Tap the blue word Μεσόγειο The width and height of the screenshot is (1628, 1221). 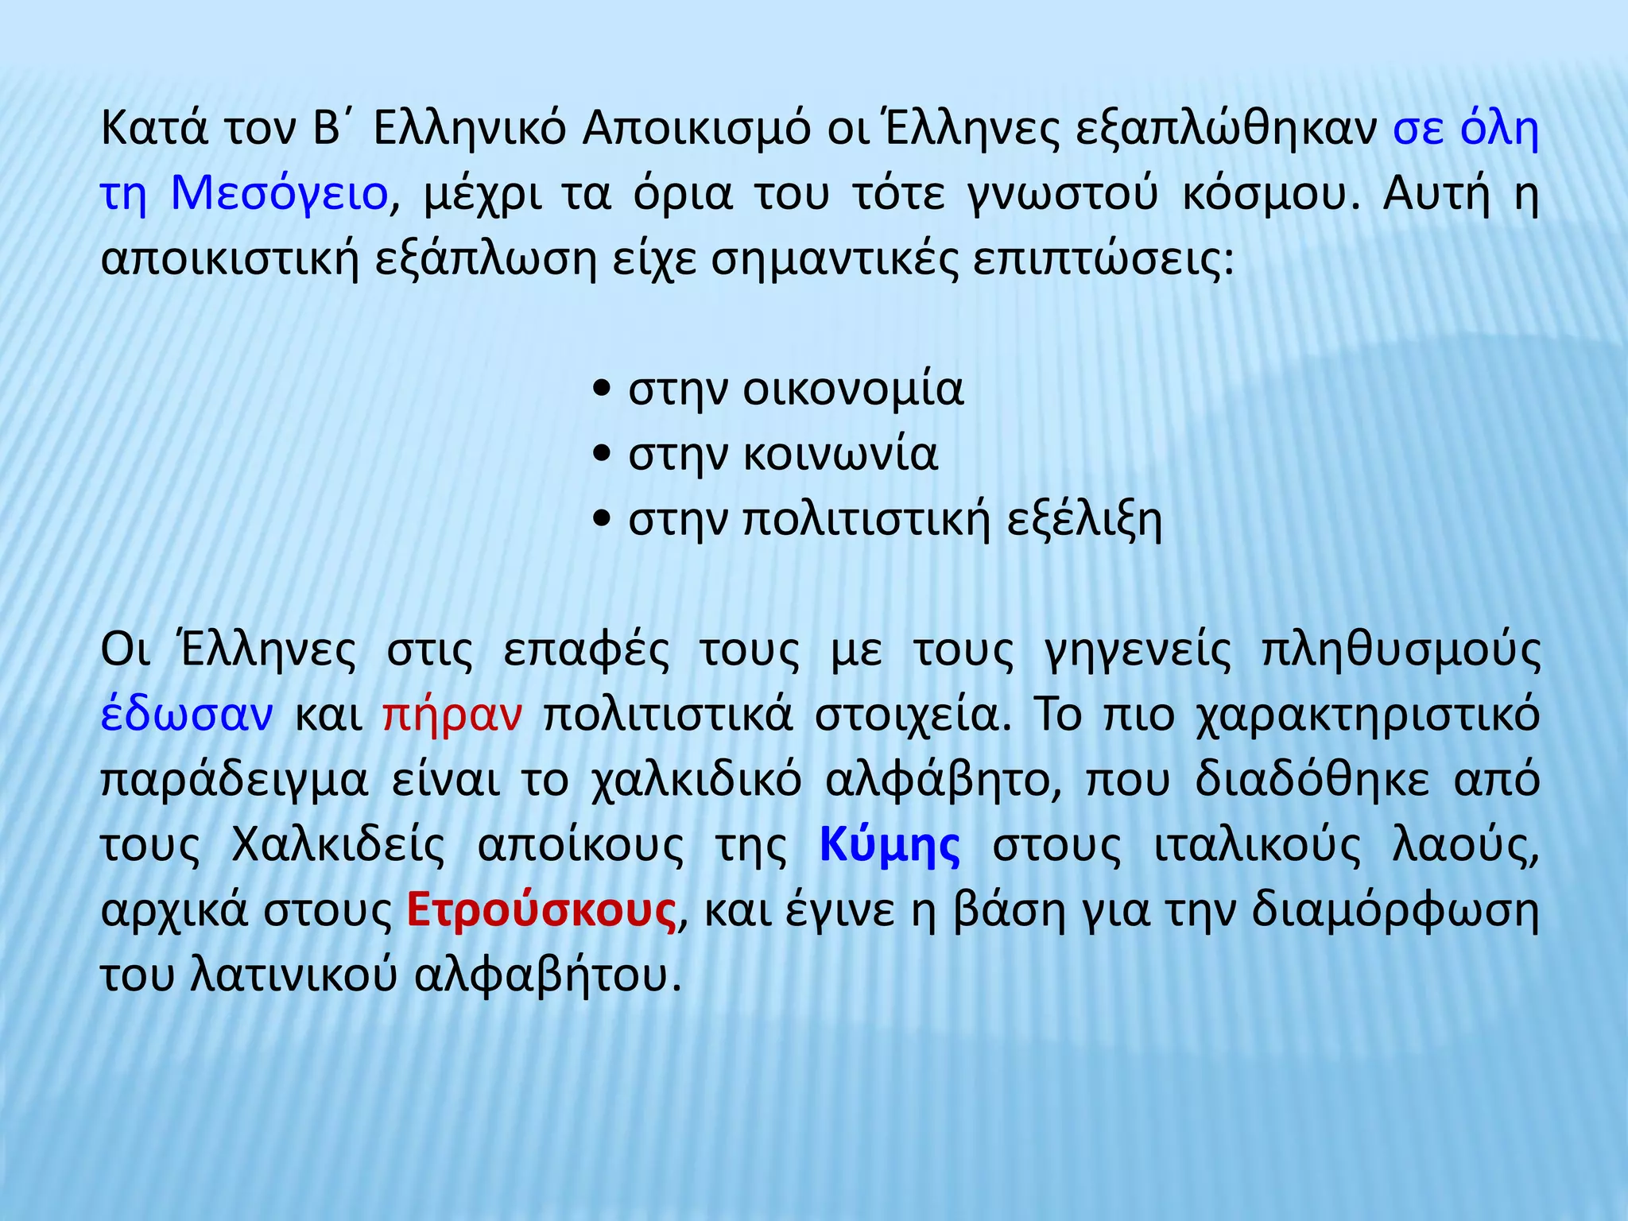[279, 193]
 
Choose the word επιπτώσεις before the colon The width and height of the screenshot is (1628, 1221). [1098, 259]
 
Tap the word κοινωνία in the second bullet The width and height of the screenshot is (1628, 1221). [840, 455]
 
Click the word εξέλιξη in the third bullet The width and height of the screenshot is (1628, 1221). [1084, 520]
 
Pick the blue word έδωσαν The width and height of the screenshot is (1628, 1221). [187, 715]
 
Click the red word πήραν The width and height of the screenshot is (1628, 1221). [452, 715]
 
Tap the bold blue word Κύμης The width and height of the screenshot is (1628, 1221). [890, 846]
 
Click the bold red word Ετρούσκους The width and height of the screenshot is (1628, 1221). [541, 911]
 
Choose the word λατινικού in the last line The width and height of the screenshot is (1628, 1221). [294, 976]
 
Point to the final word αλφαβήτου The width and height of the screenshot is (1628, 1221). [548, 976]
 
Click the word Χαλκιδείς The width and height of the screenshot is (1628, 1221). [338, 846]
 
